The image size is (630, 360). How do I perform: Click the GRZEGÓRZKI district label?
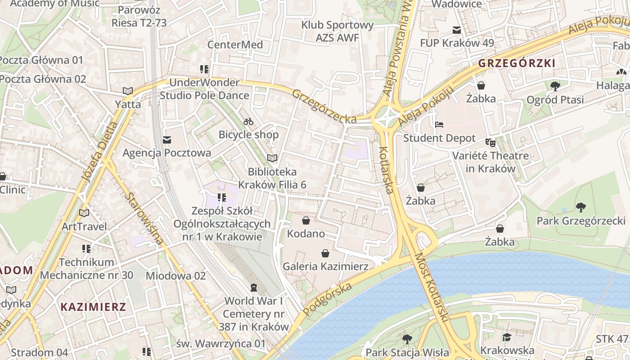pos(517,63)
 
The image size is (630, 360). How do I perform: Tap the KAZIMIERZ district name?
pos(93,307)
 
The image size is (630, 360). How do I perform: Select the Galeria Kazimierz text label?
pos(325,266)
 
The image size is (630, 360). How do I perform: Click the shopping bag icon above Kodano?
pos(306,220)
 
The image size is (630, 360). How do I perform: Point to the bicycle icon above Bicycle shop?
pos(248,121)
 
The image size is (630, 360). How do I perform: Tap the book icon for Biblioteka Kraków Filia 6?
pos(272,158)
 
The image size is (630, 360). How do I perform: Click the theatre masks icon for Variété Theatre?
pos(490,143)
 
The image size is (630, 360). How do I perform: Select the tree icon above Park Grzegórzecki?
pos(580,207)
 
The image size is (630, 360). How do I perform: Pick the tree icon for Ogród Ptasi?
pos(555,86)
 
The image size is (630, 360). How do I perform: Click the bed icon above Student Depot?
pos(439,125)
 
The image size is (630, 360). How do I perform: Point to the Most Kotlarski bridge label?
pos(432,287)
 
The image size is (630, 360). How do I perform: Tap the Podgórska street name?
pos(327,299)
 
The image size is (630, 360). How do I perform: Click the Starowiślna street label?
pos(144,219)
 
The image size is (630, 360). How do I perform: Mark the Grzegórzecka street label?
pos(324,106)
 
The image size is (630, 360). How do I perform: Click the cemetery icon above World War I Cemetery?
pos(254,288)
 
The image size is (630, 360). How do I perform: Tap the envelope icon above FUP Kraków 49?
pos(457,30)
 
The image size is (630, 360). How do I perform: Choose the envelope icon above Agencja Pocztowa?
pos(167,139)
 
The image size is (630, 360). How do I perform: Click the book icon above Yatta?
pos(128,91)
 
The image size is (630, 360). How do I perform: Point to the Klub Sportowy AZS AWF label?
pos(337,31)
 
